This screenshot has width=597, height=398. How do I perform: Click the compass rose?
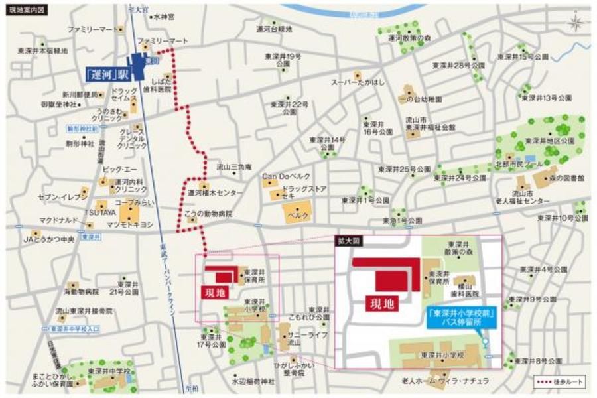(576, 21)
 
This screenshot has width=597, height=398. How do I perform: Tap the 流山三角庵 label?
(234, 167)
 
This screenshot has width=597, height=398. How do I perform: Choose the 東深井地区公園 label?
(549, 141)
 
